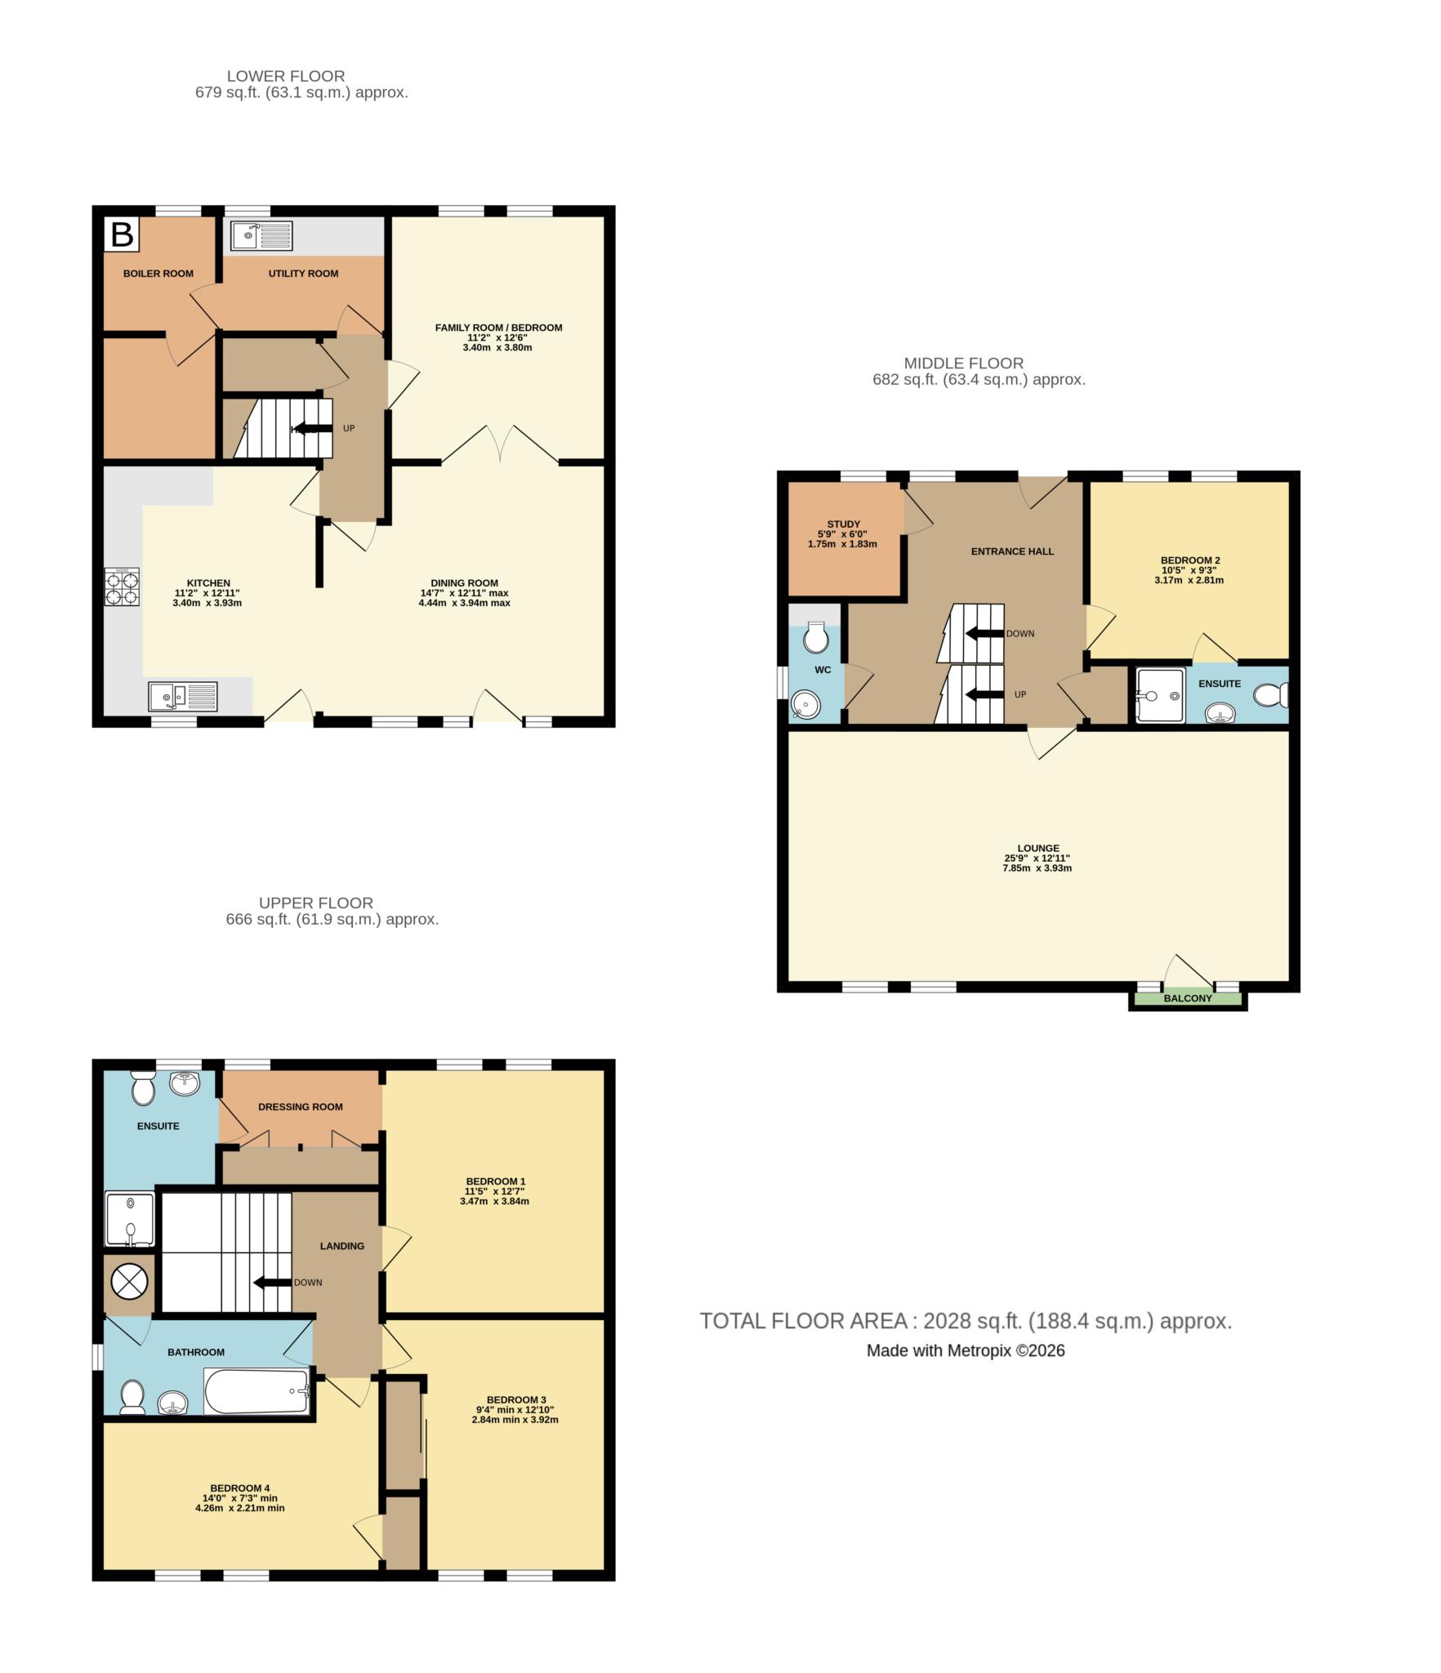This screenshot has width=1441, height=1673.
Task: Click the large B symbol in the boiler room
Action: [122, 234]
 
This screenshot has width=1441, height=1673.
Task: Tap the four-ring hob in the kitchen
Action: [121, 587]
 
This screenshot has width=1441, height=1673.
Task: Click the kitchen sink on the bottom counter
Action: [183, 697]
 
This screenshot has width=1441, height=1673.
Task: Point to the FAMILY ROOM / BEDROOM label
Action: [498, 328]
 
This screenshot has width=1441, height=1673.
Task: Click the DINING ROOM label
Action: [464, 583]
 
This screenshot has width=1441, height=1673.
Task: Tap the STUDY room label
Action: [843, 524]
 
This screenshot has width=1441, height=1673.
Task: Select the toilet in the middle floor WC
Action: [816, 637]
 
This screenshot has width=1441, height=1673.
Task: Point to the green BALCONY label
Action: [1188, 998]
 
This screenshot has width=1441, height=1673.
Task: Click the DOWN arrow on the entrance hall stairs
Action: [984, 633]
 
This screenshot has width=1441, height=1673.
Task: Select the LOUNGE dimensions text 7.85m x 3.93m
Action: [1037, 868]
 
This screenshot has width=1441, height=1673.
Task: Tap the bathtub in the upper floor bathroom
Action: [257, 1391]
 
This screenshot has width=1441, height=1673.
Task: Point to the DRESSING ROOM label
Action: [300, 1107]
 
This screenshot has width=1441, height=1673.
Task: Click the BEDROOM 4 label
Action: [239, 1488]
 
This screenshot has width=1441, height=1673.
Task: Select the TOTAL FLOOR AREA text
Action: [966, 1321]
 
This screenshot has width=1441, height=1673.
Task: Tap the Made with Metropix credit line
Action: [966, 1351]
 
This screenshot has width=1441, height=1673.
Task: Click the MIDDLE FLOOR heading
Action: [963, 363]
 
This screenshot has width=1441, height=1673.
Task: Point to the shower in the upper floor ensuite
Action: [129, 1220]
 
